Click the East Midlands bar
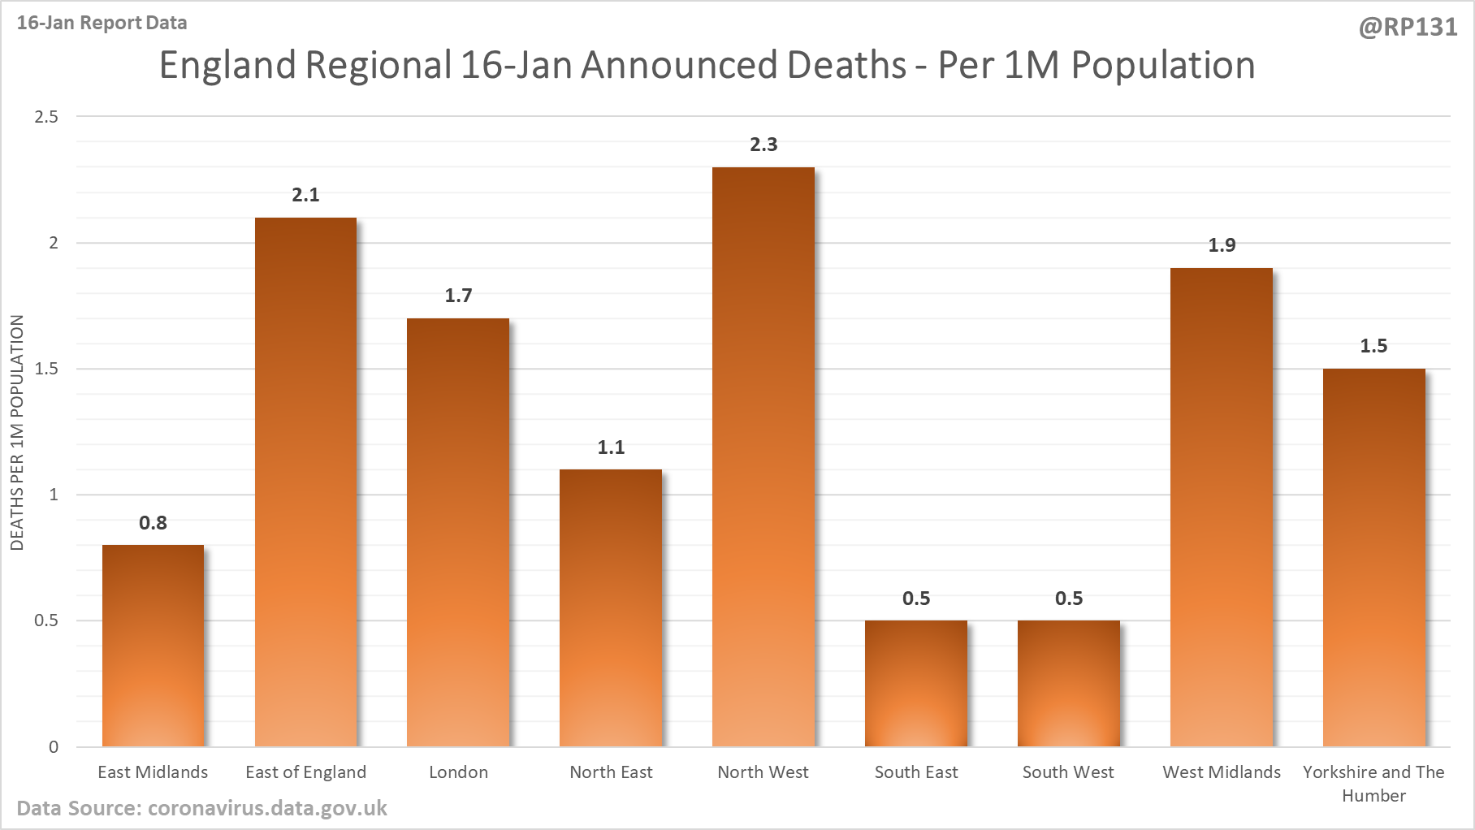point(153,646)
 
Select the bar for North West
point(763,456)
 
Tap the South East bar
point(916,683)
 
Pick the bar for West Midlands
point(1222,507)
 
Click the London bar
point(458,532)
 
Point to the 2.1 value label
point(305,195)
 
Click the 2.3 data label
point(763,145)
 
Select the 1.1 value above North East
point(611,447)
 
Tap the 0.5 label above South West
point(1069,599)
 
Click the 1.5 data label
point(1373,346)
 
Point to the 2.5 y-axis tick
point(46,117)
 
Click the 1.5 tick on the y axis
point(46,369)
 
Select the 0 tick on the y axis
point(54,747)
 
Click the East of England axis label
point(305,772)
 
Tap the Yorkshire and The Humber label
point(1373,784)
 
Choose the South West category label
point(1068,772)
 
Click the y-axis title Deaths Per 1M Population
point(17,432)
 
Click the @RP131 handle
point(1408,28)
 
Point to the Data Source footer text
point(201,809)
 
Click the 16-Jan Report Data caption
point(102,23)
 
